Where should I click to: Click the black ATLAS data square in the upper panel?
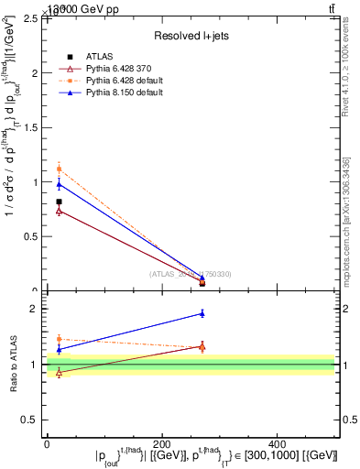59,202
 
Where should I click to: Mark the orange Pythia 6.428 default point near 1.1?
59,169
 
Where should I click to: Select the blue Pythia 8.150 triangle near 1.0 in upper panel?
59,184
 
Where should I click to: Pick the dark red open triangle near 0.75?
59,211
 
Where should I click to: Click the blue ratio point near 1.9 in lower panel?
202,313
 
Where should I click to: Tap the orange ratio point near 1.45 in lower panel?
59,339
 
